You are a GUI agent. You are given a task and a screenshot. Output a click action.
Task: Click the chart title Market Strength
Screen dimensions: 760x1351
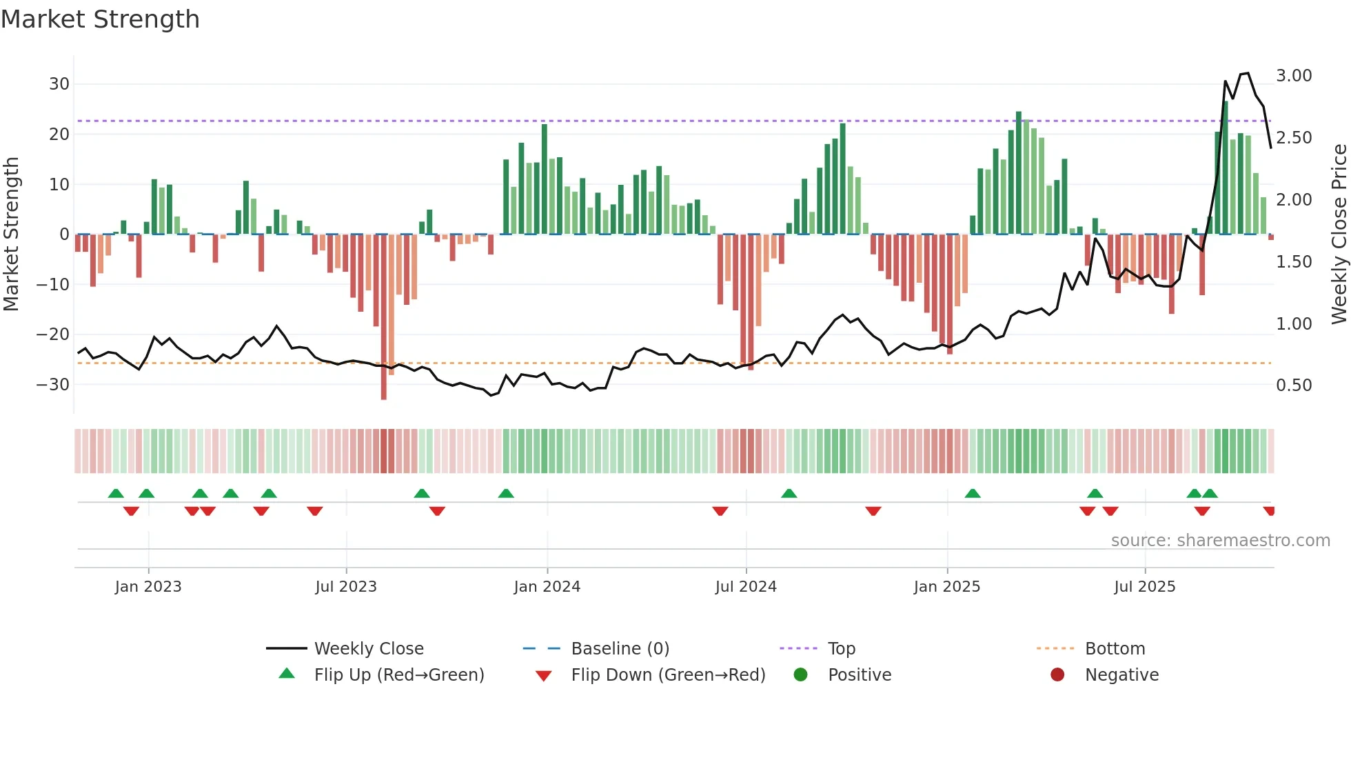click(100, 19)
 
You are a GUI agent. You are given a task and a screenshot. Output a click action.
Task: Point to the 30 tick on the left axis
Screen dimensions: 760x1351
click(59, 84)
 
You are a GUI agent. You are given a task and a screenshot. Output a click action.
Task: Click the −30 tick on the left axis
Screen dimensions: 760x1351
click(53, 385)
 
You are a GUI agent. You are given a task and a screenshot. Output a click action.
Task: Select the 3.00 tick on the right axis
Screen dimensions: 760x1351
click(1294, 76)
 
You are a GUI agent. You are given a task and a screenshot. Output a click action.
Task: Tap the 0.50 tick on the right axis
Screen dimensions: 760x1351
click(1294, 386)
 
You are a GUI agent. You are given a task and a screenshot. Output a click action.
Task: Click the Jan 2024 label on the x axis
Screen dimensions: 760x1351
click(547, 587)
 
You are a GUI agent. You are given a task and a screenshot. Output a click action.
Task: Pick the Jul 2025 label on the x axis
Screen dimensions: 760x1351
click(1144, 587)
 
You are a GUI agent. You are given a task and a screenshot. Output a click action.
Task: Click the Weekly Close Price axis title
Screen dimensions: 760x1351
click(1339, 234)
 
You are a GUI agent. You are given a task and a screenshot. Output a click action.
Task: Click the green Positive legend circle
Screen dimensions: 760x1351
click(800, 675)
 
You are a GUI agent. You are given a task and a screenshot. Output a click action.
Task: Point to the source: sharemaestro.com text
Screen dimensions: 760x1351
click(1220, 541)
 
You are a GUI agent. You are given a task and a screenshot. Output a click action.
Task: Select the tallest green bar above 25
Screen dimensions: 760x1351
click(1226, 166)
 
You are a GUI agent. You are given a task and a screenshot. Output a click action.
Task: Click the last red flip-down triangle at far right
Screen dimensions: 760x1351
click(1269, 511)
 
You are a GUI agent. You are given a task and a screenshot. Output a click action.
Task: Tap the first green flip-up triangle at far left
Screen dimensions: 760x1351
click(116, 493)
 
